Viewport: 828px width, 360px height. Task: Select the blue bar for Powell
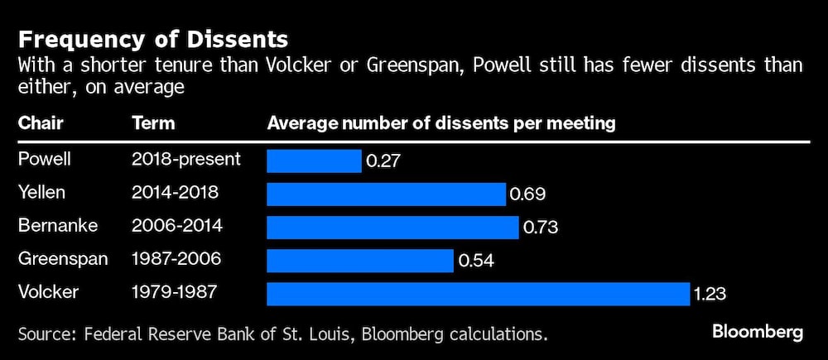314,161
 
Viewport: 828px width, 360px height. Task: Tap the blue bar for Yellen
386,194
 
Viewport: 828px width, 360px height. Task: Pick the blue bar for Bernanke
392,227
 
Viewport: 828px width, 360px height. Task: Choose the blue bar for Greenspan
360,261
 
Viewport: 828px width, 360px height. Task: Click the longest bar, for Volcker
478,294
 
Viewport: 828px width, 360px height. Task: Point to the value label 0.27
383,161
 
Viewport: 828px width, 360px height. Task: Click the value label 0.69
527,194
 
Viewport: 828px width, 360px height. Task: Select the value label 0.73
541,228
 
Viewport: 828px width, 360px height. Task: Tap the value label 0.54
476,262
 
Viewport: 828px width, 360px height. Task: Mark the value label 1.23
710,295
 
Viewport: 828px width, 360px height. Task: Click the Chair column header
41,124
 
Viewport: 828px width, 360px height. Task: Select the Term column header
153,124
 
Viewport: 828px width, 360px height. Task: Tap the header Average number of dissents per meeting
440,124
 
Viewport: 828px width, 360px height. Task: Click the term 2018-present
186,159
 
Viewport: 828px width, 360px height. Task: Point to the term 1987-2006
176,259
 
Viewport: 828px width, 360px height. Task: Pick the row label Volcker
48,292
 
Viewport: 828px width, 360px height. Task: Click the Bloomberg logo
758,332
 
